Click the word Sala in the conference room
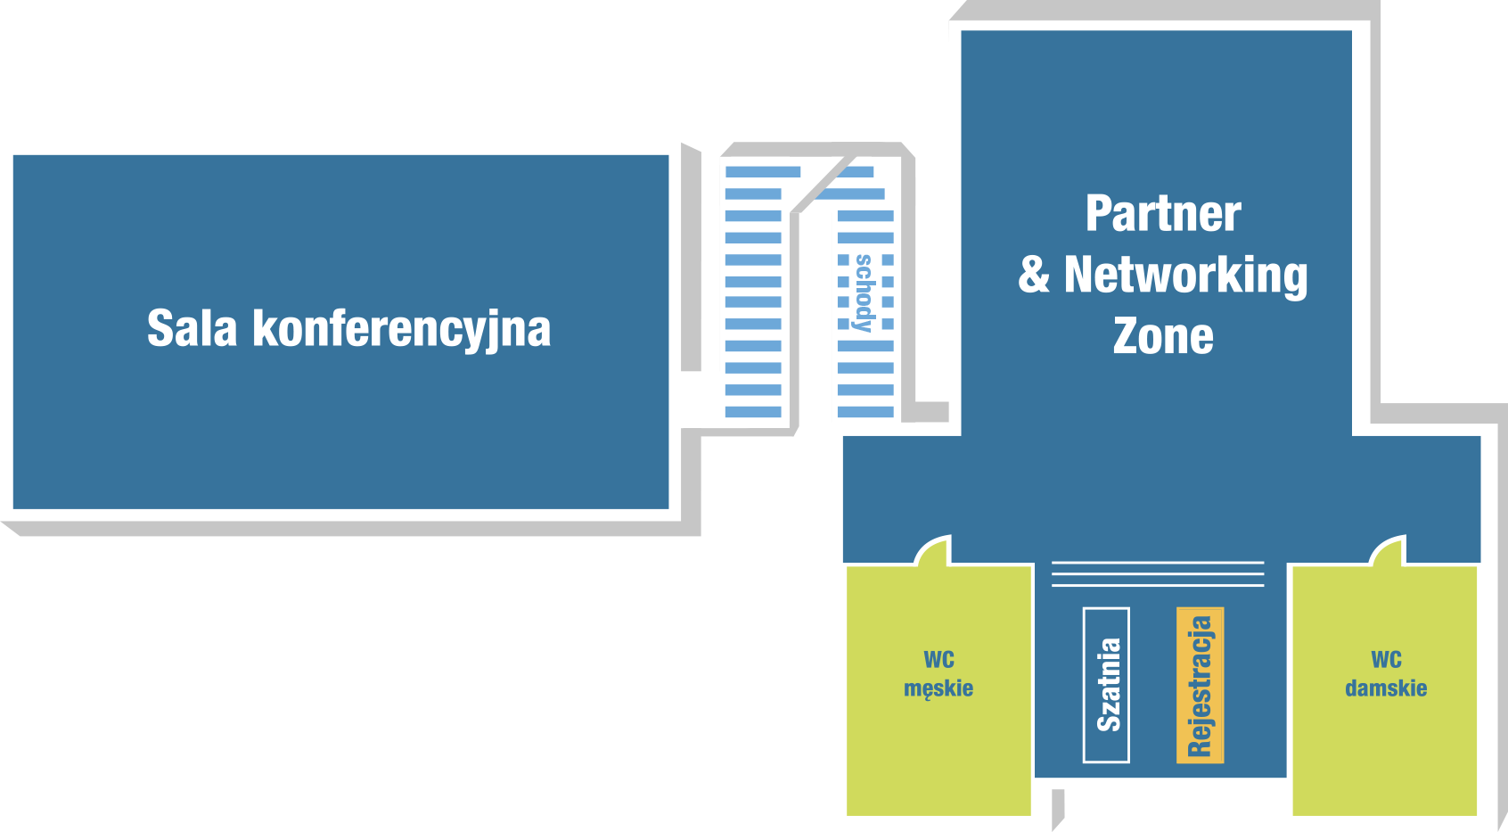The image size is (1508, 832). tap(192, 328)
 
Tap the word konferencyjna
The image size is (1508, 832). tap(401, 330)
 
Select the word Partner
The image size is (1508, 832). tap(1163, 214)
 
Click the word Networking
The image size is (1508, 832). tap(1185, 275)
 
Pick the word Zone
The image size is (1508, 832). tap(1163, 336)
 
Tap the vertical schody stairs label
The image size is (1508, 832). tap(864, 292)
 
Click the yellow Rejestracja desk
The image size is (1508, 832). tap(1200, 685)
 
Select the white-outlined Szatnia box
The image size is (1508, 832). tap(1106, 685)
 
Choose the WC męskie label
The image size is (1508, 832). tap(938, 673)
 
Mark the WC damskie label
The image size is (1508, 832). tap(1386, 673)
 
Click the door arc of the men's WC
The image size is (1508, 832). tap(934, 550)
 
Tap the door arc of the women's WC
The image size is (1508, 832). tap(1388, 550)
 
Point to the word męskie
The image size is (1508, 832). tap(938, 688)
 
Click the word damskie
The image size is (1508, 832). tap(1386, 688)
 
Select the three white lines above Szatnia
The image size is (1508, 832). tap(1158, 573)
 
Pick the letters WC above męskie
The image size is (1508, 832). tap(939, 660)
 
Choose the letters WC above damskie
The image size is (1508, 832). tap(1386, 660)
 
